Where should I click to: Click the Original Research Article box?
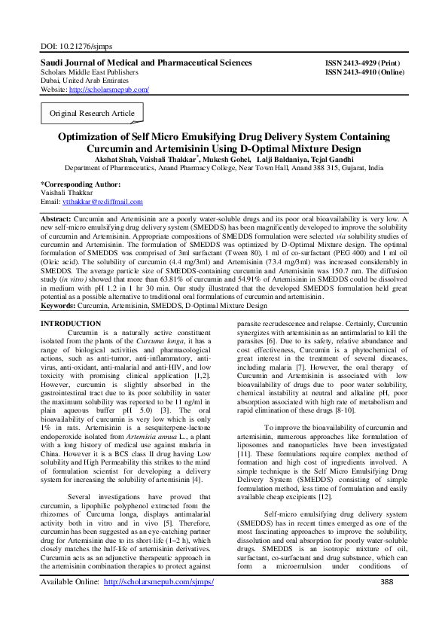coord(92,114)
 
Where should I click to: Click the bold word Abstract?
coord(62,218)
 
